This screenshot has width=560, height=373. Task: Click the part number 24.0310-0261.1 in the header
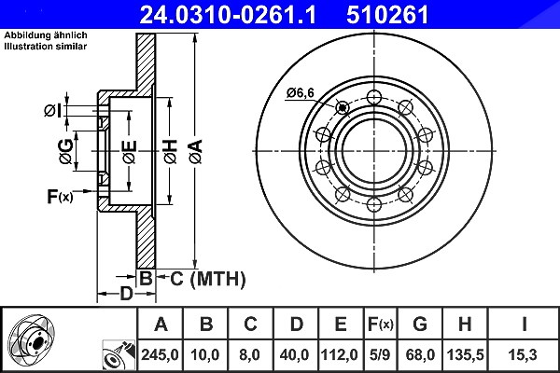(228, 15)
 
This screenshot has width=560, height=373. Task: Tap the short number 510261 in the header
(387, 15)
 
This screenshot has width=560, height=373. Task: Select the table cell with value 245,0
(160, 355)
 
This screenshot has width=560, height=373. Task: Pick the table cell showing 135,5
(466, 355)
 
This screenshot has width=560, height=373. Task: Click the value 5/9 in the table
(380, 355)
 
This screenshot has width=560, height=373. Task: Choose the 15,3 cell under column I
(524, 355)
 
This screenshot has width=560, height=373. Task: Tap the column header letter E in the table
(341, 325)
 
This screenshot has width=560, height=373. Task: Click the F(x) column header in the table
(381, 325)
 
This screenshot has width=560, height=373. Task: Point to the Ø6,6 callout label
(300, 93)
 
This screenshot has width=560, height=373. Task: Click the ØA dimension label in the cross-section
(196, 152)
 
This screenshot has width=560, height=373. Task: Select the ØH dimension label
(171, 152)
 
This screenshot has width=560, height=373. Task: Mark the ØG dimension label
(66, 152)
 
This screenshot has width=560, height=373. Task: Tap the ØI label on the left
(53, 111)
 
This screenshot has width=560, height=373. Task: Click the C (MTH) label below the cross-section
(208, 279)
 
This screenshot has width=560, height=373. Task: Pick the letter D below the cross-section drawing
(126, 294)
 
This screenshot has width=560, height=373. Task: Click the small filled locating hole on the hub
(343, 107)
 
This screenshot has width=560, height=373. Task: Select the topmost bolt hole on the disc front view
(374, 97)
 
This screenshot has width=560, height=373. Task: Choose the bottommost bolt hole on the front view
(374, 205)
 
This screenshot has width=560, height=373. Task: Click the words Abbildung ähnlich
(46, 35)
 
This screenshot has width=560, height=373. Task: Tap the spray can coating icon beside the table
(119, 355)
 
